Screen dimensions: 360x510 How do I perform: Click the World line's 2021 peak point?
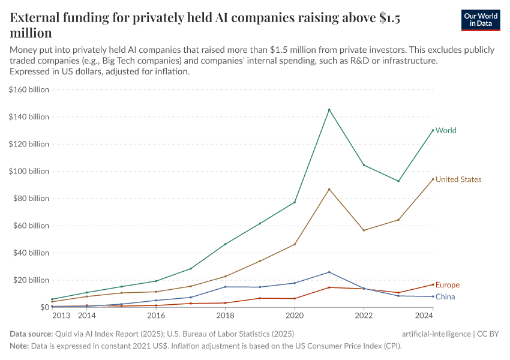pyautogui.click(x=329, y=109)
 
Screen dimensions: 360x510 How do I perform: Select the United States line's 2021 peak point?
pyautogui.click(x=329, y=189)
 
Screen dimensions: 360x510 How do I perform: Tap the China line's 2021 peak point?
pyautogui.click(x=329, y=272)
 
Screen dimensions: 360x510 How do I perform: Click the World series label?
pyautogui.click(x=446, y=130)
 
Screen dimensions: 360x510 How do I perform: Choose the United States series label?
pyautogui.click(x=458, y=179)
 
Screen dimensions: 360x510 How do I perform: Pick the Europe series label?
pyautogui.click(x=448, y=284)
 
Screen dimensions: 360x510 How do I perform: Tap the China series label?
pyautogui.click(x=445, y=297)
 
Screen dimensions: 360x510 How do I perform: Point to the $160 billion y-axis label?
pyautogui.click(x=29, y=89)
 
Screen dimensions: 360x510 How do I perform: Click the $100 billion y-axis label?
pyautogui.click(x=29, y=171)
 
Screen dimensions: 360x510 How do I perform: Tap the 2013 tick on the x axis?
pyautogui.click(x=61, y=316)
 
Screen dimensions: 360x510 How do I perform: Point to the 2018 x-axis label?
pyautogui.click(x=225, y=316)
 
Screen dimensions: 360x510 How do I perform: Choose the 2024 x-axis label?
pyautogui.click(x=424, y=316)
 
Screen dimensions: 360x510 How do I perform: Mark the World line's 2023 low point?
pyautogui.click(x=398, y=181)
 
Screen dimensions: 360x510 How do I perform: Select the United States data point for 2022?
pyautogui.click(x=364, y=230)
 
